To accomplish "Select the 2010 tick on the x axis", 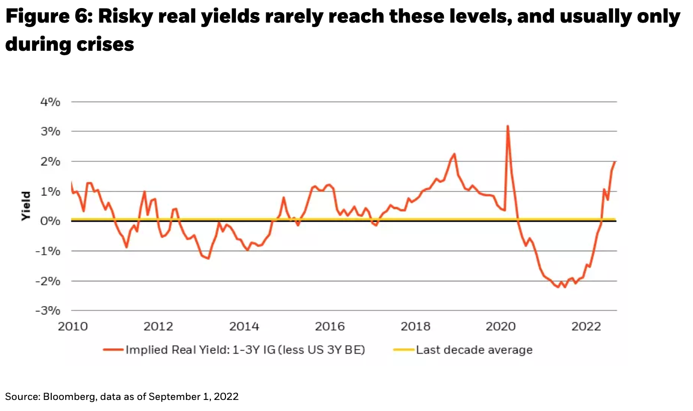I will tap(73, 326).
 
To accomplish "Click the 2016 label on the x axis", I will tap(330, 326).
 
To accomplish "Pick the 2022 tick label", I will tap(586, 326).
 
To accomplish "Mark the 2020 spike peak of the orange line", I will tap(508, 126).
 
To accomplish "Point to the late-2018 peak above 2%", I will tap(454, 154).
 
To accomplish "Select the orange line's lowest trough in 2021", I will tap(565, 287).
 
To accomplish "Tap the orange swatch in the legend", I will tap(113, 350).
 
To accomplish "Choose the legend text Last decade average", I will tap(474, 350).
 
